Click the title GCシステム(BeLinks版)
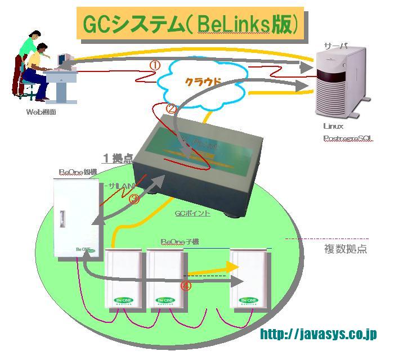191,25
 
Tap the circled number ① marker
155,65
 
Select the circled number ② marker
171,109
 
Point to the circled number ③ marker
134,199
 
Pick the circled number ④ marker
186,286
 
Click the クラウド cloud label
202,82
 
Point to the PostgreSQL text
348,138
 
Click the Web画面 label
41,112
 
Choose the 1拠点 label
117,158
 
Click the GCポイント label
192,214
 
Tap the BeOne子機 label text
180,242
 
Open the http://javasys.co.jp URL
318,334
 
